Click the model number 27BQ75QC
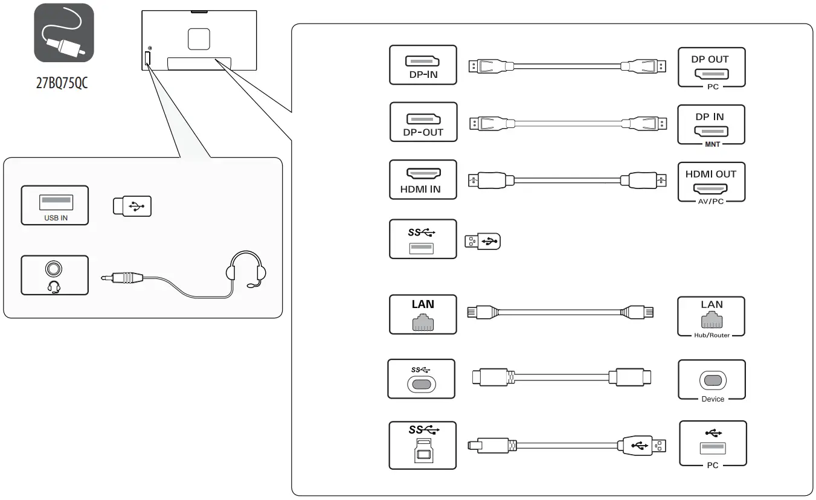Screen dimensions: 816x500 click(62, 83)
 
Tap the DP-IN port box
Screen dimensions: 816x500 click(423, 65)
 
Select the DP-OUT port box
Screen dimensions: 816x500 click(423, 122)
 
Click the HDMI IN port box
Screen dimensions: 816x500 click(423, 179)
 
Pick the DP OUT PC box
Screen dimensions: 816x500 click(712, 68)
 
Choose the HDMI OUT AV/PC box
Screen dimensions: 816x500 click(712, 183)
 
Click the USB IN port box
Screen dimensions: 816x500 click(54, 205)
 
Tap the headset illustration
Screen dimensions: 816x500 click(246, 270)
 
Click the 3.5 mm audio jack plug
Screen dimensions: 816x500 click(121, 278)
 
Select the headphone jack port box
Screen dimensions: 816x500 click(54, 275)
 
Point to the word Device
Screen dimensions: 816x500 click(713, 399)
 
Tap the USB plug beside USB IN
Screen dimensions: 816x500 click(132, 206)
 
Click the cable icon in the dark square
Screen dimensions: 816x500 click(64, 33)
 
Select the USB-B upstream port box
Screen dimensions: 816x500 click(423, 446)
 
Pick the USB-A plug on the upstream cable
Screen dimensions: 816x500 click(642, 446)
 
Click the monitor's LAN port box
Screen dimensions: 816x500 click(423, 314)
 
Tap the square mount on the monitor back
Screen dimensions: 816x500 click(199, 39)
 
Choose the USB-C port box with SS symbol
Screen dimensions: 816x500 click(422, 379)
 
